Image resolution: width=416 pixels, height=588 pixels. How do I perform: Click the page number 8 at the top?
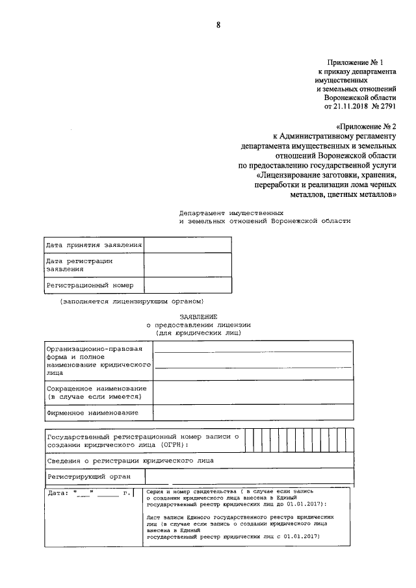pyautogui.click(x=218, y=25)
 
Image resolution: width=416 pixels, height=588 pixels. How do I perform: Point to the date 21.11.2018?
pyautogui.click(x=352, y=105)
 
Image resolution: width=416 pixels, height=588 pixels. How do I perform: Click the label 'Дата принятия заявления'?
pyautogui.click(x=94, y=245)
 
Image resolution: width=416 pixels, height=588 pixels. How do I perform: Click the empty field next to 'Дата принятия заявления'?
pyautogui.click(x=187, y=245)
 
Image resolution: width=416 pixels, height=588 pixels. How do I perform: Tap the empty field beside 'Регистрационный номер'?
pyautogui.click(x=187, y=285)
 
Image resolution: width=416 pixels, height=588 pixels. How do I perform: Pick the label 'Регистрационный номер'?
pyautogui.click(x=90, y=285)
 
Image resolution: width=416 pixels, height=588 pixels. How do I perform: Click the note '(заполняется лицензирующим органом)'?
pyautogui.click(x=133, y=301)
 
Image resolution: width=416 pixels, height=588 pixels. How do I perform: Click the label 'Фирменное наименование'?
pyautogui.click(x=92, y=413)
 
